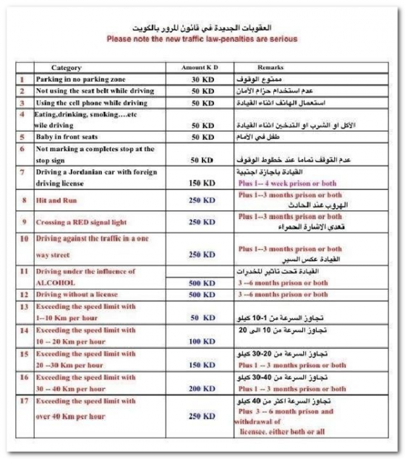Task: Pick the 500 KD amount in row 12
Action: (x=202, y=294)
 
